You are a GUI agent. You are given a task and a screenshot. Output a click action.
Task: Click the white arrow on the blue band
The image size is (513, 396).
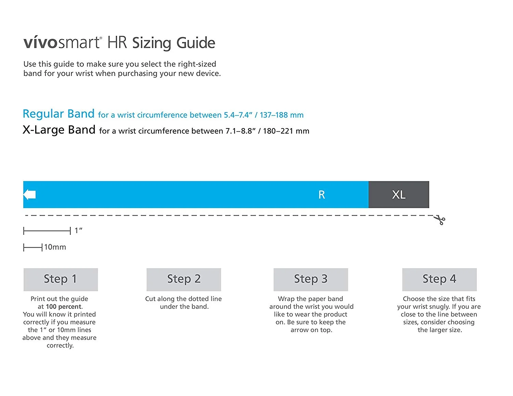coord(29,194)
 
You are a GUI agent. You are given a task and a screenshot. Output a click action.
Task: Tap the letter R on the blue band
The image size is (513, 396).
coord(321,195)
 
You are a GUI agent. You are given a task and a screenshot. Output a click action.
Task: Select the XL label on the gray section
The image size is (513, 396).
coord(399,195)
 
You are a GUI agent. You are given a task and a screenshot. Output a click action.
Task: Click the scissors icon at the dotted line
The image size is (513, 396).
coord(440,220)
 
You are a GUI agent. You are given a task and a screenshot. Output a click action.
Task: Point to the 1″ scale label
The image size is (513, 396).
coord(78,231)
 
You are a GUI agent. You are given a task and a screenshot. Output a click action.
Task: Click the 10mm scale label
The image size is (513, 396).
coord(55,247)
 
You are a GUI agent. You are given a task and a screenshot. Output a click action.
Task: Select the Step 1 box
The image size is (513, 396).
coord(61,279)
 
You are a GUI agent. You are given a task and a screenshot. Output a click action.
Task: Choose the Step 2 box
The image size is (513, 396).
coord(184,279)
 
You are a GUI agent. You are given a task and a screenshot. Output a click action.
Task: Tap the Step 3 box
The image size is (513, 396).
coord(311,279)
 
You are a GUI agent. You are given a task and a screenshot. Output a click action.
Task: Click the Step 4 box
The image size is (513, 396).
coord(439,279)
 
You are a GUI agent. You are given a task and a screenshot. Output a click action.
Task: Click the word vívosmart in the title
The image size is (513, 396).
coord(62,43)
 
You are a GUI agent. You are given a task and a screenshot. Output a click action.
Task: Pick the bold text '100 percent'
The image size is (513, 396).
coord(64,306)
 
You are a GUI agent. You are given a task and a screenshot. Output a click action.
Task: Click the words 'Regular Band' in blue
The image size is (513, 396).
coord(58,114)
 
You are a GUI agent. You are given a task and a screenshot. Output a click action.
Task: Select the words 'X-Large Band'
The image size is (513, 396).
coord(59,130)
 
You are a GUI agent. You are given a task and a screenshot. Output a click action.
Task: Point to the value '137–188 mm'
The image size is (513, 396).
coord(281,115)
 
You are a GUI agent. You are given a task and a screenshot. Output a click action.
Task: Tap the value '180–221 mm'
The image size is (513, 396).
coord(286,131)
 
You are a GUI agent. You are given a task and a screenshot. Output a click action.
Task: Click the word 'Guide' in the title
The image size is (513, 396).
coord(196,43)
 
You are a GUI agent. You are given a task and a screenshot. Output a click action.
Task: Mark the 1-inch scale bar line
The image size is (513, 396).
coord(47,231)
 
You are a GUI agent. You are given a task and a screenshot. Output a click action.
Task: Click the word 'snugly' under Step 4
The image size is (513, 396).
coord(437,306)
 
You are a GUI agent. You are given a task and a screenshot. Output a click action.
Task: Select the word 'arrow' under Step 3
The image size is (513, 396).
coord(299,330)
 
